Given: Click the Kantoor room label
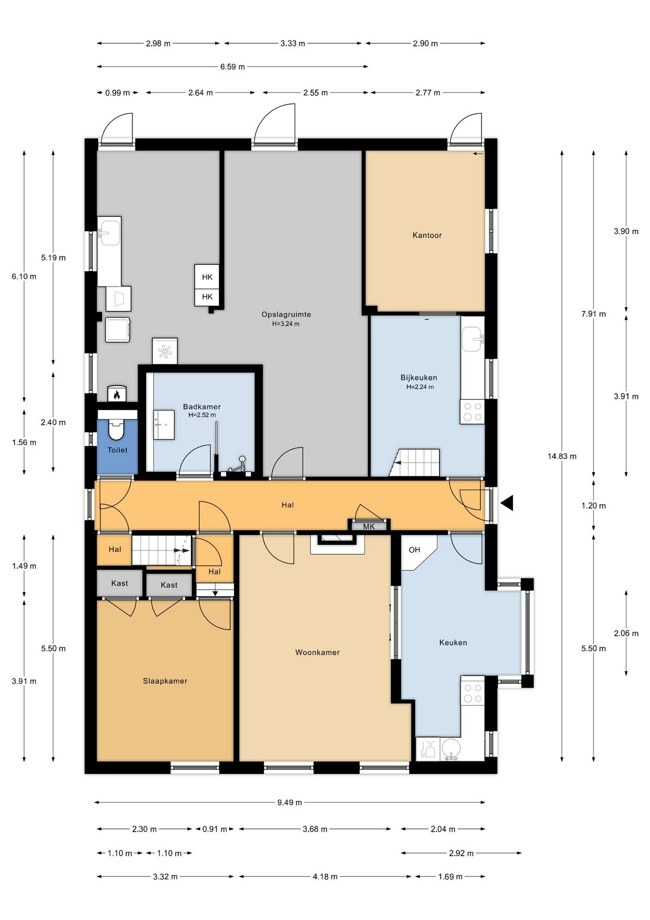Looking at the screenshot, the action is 427,235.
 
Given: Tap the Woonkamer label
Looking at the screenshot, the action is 317,652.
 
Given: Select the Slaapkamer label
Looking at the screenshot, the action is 165,681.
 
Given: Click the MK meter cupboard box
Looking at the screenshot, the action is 369,526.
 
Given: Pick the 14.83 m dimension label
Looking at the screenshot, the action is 562,456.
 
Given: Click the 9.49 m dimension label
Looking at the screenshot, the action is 290,802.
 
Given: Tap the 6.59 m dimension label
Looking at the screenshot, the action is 233,67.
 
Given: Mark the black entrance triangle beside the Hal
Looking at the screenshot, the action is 507,503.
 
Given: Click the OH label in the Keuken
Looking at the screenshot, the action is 415,550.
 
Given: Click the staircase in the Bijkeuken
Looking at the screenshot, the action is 415,462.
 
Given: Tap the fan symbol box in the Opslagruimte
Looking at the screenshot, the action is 165,351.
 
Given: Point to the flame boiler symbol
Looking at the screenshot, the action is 117,394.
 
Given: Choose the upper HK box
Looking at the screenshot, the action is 207,276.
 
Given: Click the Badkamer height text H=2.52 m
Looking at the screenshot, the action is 202,415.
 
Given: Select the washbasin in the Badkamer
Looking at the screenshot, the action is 164,425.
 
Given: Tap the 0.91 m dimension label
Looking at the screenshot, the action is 215,829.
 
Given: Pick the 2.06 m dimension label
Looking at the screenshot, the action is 626,633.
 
